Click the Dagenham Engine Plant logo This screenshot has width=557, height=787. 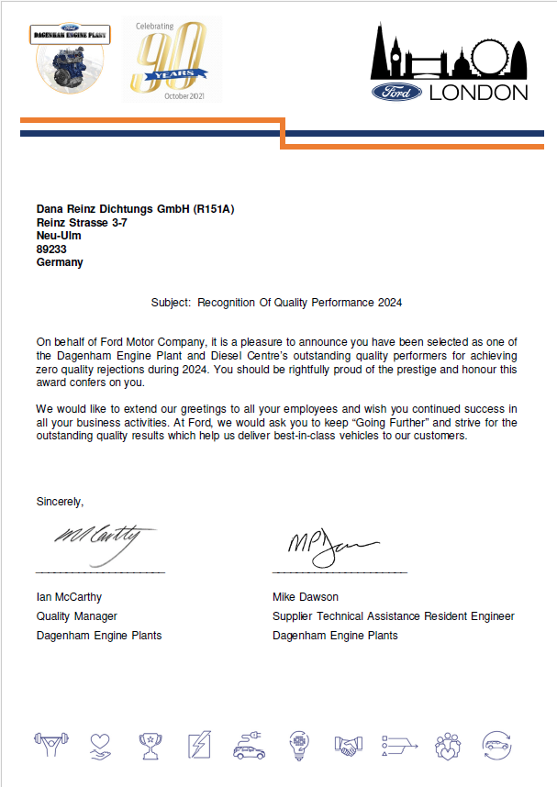[72, 58]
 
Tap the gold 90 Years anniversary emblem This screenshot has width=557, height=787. [172, 61]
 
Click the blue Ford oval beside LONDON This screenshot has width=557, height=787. [396, 92]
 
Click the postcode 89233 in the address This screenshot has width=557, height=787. [51, 249]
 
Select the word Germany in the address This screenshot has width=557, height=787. [60, 262]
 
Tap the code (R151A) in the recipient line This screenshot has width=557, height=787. [213, 209]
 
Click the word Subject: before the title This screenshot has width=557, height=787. [171, 302]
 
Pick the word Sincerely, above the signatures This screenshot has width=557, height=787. [60, 502]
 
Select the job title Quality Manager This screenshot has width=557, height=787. [76, 616]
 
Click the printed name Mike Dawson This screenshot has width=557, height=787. [306, 596]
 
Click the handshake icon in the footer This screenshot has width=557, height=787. [348, 745]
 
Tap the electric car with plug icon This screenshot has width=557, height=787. [249, 745]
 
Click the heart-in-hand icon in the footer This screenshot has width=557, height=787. [101, 745]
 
